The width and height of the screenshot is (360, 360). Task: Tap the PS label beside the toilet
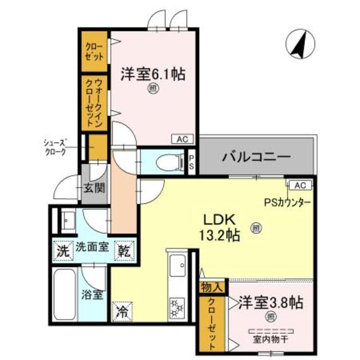tap(191, 163)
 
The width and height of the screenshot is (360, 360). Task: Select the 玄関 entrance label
tap(94, 188)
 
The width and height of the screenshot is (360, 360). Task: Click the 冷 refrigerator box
tap(122, 310)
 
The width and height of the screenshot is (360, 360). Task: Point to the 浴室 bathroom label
tap(93, 294)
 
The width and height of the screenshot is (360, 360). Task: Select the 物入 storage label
tap(212, 287)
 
